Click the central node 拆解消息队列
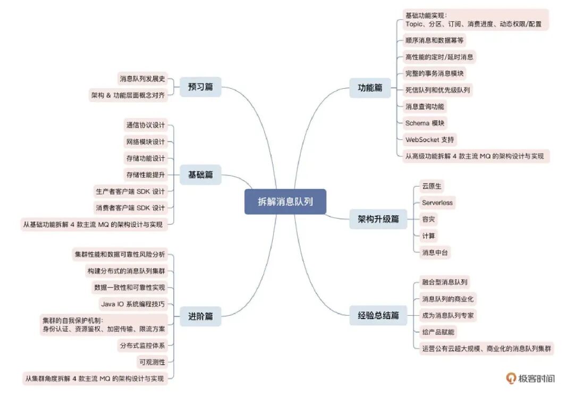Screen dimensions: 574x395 tap(285, 201)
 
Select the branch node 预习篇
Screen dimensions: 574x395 tap(200, 87)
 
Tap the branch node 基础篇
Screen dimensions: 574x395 tap(200, 174)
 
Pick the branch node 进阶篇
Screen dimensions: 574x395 tap(200, 316)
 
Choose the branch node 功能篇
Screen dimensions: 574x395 tap(370, 88)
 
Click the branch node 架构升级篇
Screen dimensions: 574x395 tap(378, 219)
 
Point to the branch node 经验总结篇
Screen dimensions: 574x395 tap(378, 316)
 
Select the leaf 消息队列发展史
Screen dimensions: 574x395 tap(142, 79)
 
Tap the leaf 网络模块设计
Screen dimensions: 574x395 tap(145, 141)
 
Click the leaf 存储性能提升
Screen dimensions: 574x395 tap(145, 174)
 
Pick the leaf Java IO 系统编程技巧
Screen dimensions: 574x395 tap(132, 304)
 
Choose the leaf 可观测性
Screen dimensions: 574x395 tap(151, 362)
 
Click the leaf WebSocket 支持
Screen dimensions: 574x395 tap(429, 139)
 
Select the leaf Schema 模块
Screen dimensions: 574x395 tap(425, 123)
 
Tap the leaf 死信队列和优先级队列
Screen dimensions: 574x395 tap(437, 90)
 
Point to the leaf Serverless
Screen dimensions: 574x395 tap(437, 203)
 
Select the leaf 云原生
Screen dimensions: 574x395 tap(432, 186)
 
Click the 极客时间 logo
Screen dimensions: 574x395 tap(530, 378)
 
